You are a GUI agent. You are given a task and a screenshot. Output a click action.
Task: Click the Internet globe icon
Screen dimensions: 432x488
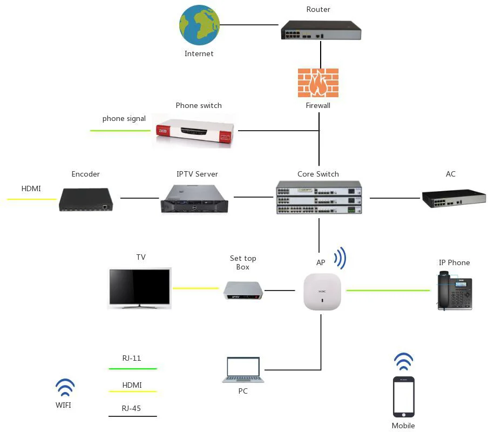click(199, 25)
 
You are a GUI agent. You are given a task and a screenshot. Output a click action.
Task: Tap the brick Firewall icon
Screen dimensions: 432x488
click(318, 83)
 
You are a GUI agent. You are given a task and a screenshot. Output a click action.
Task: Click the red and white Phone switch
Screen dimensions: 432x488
click(194, 130)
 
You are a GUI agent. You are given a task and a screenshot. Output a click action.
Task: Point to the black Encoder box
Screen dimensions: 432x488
click(86, 199)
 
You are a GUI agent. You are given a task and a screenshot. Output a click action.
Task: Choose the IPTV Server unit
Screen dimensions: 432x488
click(194, 199)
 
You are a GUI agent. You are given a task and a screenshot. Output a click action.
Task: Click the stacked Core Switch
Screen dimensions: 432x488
click(318, 198)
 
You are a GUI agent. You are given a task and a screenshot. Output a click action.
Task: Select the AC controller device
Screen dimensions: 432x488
click(453, 198)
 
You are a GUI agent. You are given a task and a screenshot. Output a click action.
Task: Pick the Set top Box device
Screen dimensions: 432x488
click(243, 291)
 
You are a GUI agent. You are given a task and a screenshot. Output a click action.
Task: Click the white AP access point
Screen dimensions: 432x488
click(322, 292)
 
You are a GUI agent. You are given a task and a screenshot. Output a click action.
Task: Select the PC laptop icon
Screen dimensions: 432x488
click(243, 370)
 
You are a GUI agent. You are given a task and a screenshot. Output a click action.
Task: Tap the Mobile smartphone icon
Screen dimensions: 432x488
click(404, 396)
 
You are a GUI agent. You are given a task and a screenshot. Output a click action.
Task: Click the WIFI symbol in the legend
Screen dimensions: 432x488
click(65, 387)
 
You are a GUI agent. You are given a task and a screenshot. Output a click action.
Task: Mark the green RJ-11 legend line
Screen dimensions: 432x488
click(132, 369)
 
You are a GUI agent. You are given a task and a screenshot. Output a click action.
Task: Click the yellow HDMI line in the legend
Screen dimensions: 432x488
click(132, 391)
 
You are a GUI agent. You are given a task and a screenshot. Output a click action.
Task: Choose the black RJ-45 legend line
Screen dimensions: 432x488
click(132, 416)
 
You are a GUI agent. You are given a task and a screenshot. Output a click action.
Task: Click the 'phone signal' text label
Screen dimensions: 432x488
click(124, 119)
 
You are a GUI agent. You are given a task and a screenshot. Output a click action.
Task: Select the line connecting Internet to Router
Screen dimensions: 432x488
click(249, 25)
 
